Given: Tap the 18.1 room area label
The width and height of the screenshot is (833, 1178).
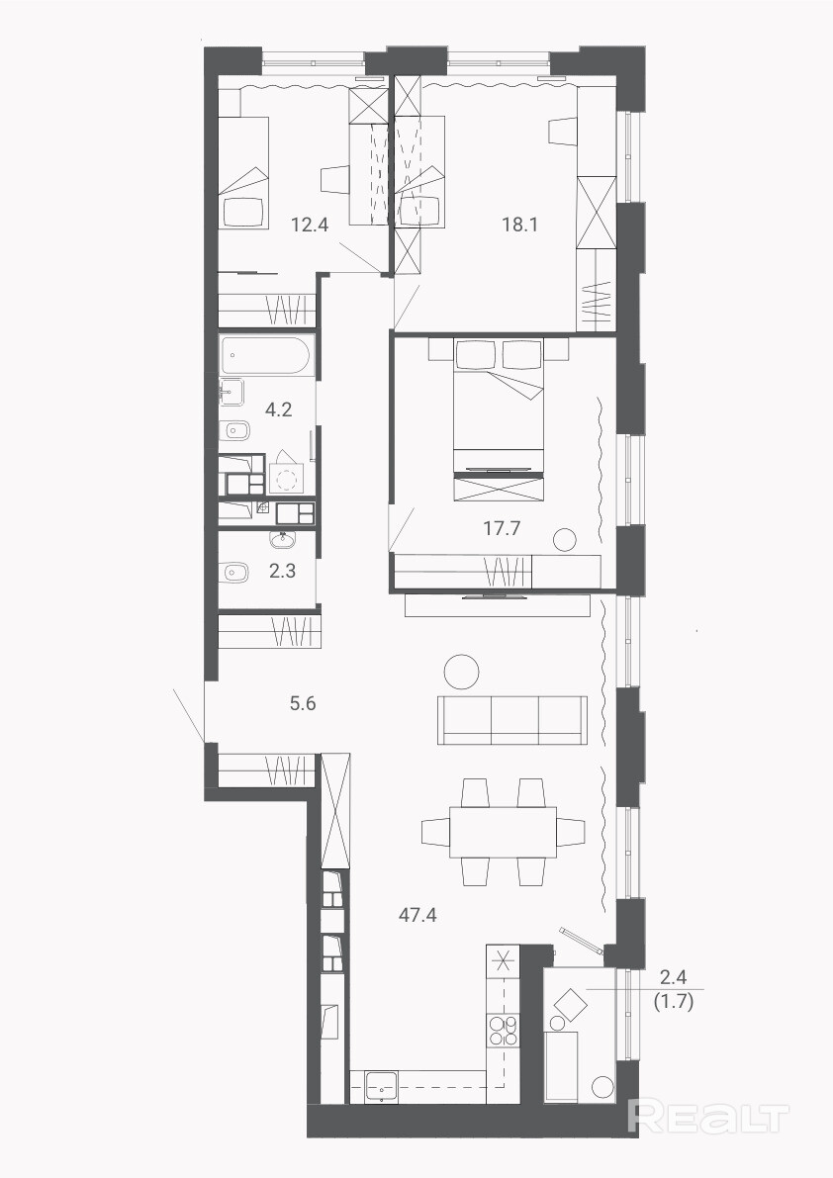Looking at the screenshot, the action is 519,224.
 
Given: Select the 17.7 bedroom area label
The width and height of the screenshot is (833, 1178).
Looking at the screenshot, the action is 502,528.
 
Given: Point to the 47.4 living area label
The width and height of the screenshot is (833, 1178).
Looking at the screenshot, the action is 417,915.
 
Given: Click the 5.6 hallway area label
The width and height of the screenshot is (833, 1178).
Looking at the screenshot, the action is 303,703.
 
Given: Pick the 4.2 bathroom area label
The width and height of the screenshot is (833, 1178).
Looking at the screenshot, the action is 279,409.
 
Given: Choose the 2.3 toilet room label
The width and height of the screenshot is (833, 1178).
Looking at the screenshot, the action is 282,571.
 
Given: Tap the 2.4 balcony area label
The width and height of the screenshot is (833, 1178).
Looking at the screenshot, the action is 674,977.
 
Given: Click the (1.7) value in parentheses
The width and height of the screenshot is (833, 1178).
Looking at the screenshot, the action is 674,1001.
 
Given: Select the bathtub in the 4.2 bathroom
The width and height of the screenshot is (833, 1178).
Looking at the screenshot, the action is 266,356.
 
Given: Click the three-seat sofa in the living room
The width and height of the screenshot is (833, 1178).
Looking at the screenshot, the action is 512,720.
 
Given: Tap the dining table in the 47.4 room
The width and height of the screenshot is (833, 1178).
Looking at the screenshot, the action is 504,832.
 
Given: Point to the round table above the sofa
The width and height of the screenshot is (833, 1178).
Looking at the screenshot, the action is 461,672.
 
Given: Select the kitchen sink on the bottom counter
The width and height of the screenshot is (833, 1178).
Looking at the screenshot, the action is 382,1086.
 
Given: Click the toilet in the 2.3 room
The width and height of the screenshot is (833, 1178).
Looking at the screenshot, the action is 234,573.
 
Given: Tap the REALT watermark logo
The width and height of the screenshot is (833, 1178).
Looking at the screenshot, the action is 708,1117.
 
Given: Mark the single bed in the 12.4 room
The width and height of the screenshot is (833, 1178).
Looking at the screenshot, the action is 243,173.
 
